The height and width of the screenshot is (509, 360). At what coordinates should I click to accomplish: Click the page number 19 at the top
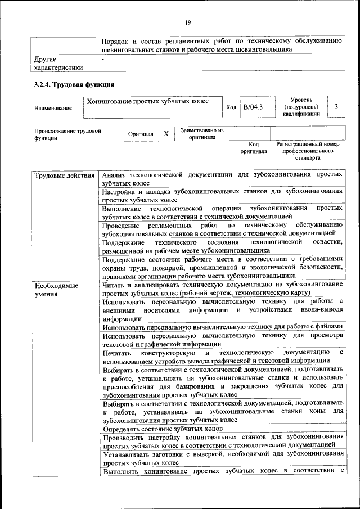[x=188, y=22]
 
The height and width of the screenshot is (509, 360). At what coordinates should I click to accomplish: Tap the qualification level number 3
[x=336, y=106]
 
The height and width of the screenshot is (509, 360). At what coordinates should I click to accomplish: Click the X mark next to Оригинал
[x=166, y=134]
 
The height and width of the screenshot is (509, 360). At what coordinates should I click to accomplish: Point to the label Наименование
[x=53, y=108]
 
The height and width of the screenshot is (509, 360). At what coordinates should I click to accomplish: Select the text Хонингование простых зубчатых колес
[x=147, y=101]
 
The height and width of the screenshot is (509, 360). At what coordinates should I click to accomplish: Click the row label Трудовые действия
[x=64, y=175]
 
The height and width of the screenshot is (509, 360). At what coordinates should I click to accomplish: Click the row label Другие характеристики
[x=58, y=63]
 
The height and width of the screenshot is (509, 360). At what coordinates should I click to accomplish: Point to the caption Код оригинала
[x=253, y=148]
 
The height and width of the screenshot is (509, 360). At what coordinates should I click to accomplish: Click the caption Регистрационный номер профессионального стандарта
[x=308, y=151]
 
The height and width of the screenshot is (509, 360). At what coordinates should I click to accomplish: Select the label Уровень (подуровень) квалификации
[x=301, y=106]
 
